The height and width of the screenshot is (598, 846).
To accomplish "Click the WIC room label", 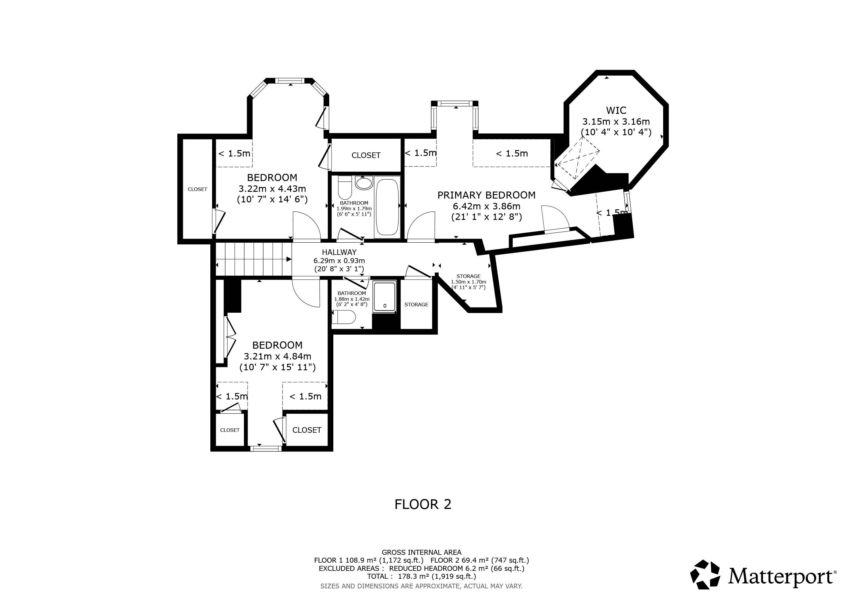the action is [616, 110].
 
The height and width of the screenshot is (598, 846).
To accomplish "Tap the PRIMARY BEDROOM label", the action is [486, 195].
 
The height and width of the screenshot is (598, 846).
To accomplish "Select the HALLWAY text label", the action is [339, 252].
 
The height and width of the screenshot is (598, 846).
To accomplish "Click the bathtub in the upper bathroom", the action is [387, 207].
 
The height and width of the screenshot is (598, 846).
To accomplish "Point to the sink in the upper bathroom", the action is [364, 183].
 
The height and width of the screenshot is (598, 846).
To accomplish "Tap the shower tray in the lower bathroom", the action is [385, 297].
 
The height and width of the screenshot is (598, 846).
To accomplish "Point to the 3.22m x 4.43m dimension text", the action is [272, 189].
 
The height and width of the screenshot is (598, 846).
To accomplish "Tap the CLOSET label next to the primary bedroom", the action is [366, 155].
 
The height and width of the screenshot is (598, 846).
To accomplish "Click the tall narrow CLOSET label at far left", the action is [197, 189].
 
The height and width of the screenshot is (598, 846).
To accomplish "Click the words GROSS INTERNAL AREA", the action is [422, 552].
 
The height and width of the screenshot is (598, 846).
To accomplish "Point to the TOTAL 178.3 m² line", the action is [422, 576].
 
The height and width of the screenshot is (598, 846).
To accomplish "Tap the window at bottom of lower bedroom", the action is [266, 448].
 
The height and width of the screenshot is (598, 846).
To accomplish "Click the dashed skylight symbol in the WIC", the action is [577, 158].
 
